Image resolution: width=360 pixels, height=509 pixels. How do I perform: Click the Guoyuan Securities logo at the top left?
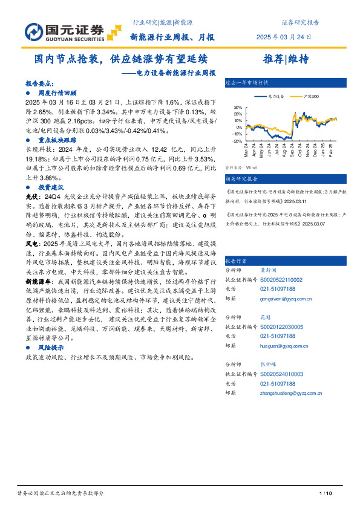[64, 31]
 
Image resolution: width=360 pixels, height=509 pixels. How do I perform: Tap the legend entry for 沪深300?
[309, 97]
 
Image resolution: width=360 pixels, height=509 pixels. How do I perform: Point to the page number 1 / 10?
[326, 495]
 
